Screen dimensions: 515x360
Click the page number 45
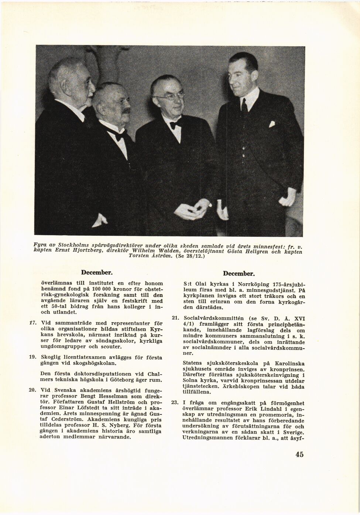[299, 454]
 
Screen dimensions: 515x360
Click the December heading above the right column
[239, 274]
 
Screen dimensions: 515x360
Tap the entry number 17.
[32, 323]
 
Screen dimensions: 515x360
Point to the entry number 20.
[32, 390]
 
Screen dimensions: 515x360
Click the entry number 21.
[176, 318]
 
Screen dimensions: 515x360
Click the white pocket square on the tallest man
[272, 125]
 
